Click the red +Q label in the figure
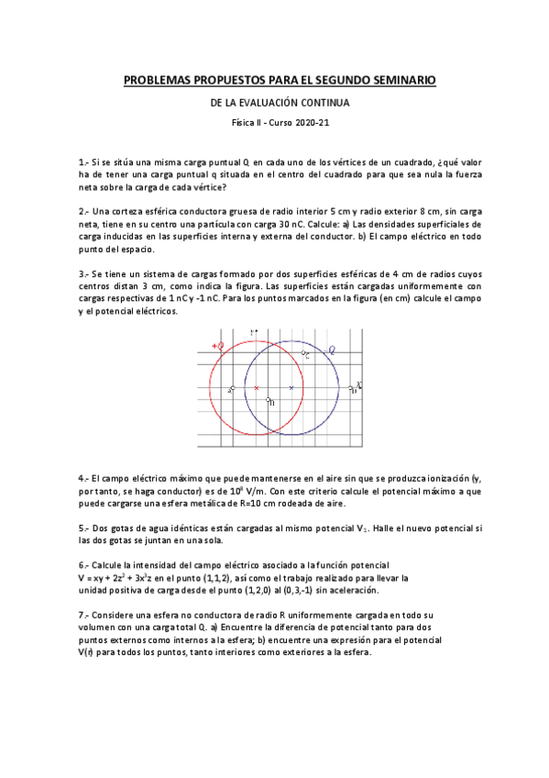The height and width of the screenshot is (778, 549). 218,346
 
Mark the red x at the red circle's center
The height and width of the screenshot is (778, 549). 257,388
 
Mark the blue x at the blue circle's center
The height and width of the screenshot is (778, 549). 291,388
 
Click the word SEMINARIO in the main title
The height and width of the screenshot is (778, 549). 399,82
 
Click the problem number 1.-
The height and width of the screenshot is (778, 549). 83,161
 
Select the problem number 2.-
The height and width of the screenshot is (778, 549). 83,211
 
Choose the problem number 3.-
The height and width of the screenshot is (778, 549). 83,273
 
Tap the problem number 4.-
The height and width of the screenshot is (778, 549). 83,478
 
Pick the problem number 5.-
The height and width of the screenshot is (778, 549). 83,528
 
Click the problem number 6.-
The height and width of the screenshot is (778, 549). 83,565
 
